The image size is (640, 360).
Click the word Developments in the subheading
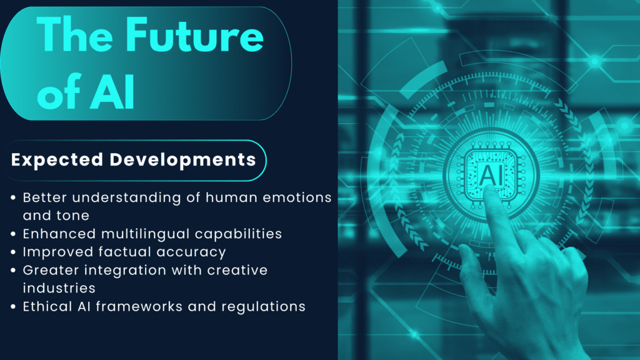click(x=182, y=159)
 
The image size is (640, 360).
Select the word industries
click(x=59, y=288)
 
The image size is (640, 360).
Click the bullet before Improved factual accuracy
click(x=14, y=252)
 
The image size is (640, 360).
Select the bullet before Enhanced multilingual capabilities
click(x=14, y=234)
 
